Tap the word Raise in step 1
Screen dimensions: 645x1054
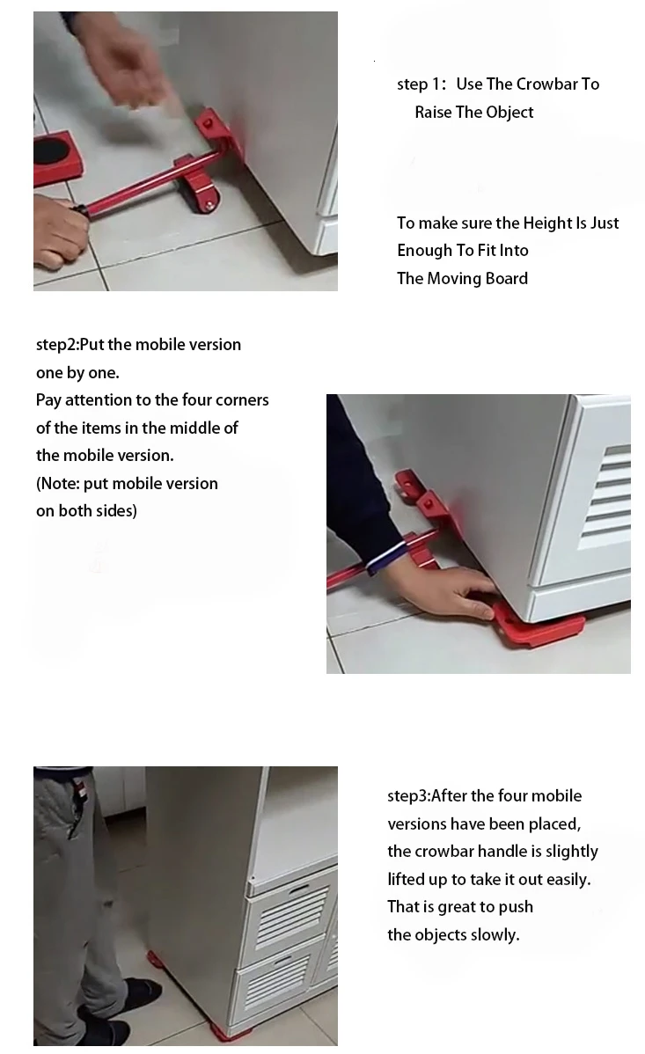432,113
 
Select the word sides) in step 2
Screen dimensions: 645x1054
114,511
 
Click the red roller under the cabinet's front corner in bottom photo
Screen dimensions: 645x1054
233,1032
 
